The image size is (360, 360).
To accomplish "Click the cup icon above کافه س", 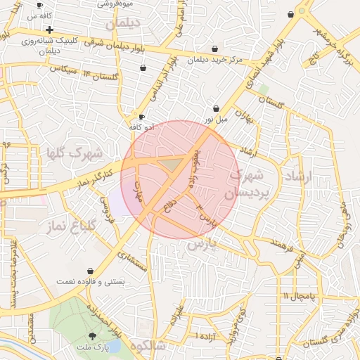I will tap(39, 5).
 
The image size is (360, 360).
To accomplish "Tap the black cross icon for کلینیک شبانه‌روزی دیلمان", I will tap(49, 30).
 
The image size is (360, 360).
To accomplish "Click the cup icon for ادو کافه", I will tap(142, 117).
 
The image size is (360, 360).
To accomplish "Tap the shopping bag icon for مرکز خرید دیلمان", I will tap(214, 49).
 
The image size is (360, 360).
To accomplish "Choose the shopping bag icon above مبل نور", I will tap(216, 108).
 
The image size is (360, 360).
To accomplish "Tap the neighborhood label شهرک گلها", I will tap(75, 153).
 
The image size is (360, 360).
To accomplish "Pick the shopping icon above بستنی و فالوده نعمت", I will tap(91, 271).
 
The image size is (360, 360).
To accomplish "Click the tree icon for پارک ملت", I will tap(93, 335).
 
